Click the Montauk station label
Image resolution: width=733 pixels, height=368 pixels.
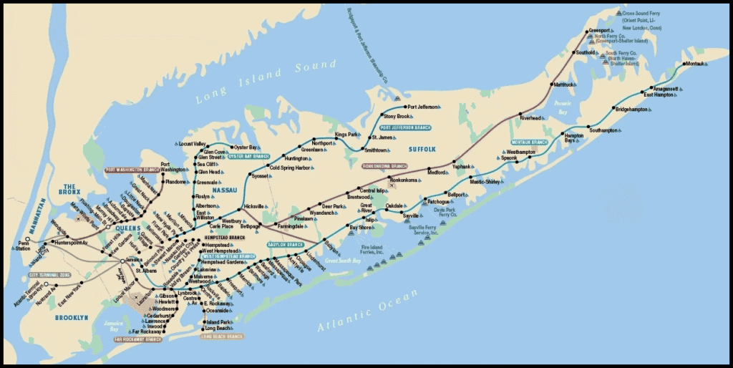(696, 64)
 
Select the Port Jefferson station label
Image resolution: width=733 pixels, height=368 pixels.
(422, 107)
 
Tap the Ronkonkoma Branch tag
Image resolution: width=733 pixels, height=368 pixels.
(384, 166)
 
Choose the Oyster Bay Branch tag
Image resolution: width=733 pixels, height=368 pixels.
(248, 155)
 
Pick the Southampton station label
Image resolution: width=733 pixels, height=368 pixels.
(603, 130)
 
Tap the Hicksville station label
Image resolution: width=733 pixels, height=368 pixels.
(253, 206)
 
